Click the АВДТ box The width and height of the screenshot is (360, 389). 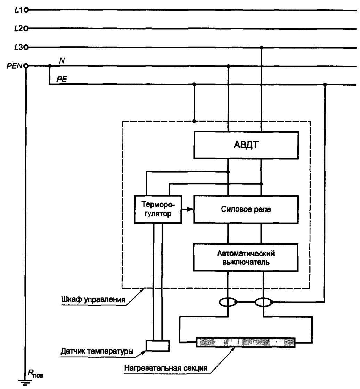(246, 145)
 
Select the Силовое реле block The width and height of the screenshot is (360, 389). (246, 209)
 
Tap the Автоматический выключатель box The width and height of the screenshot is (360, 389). (246, 257)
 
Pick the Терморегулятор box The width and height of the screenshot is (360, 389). (158, 209)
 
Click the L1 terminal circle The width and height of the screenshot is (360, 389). (26, 10)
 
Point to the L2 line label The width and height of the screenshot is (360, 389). (18, 28)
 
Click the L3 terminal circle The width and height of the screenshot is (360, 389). (26, 47)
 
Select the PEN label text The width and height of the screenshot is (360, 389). (14, 66)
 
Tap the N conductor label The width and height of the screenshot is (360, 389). (62, 60)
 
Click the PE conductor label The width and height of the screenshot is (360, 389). (62, 79)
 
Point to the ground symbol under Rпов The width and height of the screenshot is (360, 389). (25, 382)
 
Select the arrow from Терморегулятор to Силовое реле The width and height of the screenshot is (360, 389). (187, 209)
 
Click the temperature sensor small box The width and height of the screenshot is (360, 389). (158, 346)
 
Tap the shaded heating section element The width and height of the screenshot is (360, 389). (246, 342)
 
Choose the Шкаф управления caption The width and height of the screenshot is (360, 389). (93, 299)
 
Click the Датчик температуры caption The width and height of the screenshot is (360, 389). (97, 351)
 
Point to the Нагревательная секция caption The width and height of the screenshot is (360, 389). (166, 368)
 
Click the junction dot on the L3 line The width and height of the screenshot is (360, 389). (261, 47)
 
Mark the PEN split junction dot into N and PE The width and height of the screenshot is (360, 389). (50, 66)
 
